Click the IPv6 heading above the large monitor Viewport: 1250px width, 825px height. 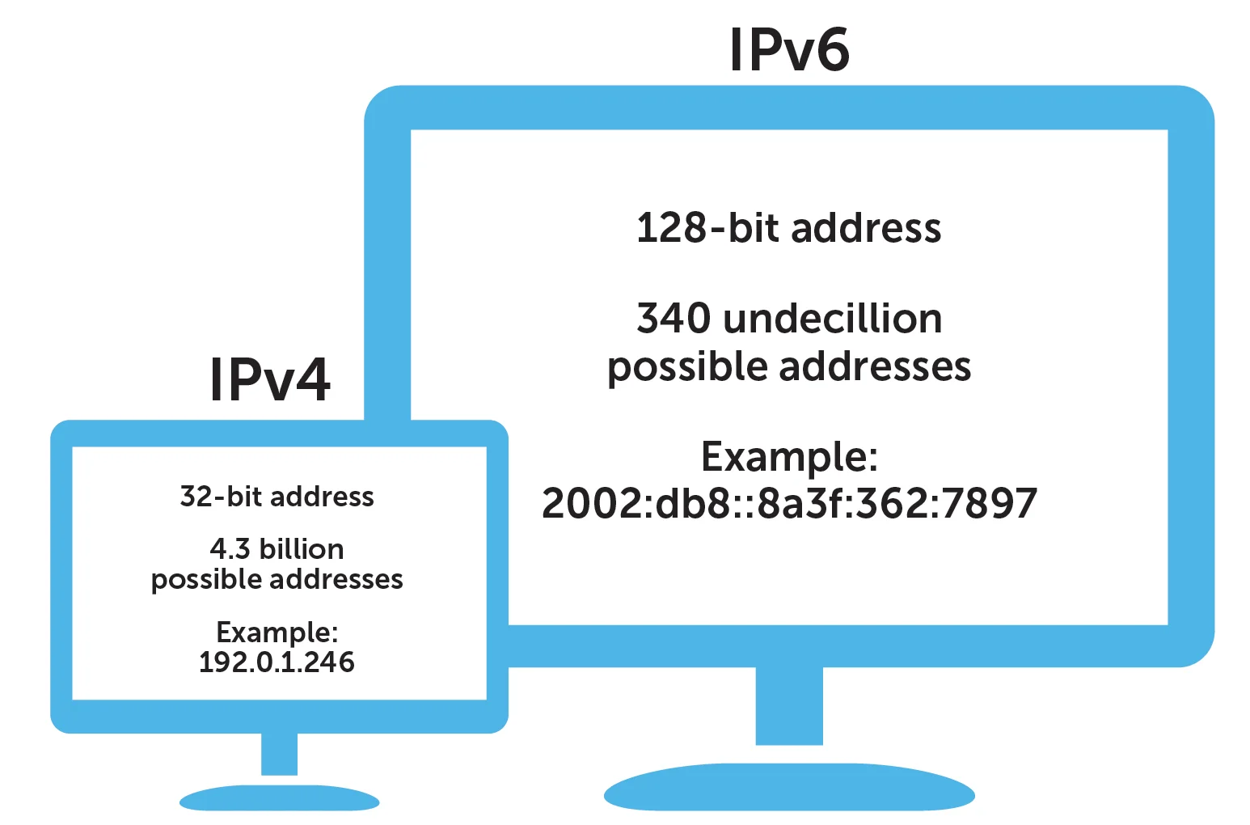click(790, 49)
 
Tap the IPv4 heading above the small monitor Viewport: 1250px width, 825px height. click(270, 379)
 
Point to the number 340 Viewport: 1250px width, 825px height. click(674, 319)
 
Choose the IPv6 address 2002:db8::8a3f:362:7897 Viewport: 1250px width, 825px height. click(789, 503)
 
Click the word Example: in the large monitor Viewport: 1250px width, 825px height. click(789, 458)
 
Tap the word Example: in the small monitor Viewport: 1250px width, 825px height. click(277, 633)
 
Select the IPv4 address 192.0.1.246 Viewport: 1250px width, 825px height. click(277, 662)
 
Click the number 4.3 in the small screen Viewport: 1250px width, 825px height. click(230, 549)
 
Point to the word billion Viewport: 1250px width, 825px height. click(302, 549)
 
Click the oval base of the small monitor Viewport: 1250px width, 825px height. click(279, 798)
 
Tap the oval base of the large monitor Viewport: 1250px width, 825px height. click(789, 787)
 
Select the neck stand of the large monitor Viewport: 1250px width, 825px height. click(789, 705)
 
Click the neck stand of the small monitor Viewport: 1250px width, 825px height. click(279, 754)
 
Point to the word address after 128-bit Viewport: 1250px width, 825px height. click(866, 228)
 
